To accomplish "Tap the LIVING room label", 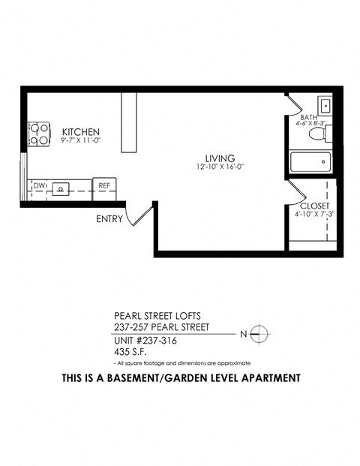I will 220,158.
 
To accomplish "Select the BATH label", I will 308,118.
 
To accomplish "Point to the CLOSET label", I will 313,206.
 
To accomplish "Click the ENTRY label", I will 109,220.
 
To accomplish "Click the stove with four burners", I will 37,134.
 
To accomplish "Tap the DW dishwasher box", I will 39,185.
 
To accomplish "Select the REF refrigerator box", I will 103,185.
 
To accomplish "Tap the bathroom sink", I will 325,104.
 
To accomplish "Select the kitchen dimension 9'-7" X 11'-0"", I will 81,140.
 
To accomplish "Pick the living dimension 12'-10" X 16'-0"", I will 220,168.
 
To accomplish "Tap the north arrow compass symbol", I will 257,332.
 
